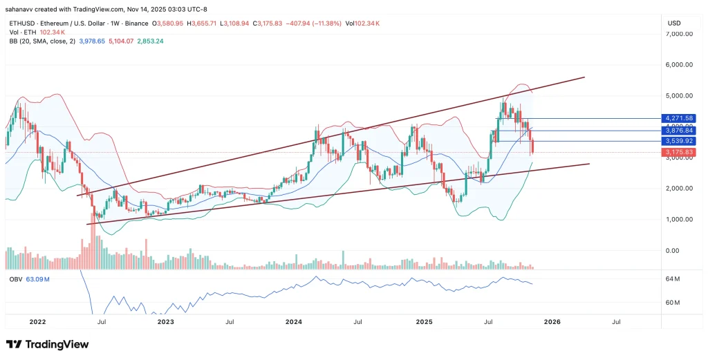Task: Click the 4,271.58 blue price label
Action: (x=678, y=119)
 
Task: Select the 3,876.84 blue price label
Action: (x=678, y=130)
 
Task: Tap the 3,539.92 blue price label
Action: (x=678, y=141)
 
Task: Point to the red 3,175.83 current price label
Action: (x=678, y=152)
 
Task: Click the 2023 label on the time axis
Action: (x=165, y=321)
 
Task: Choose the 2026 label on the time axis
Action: (x=552, y=321)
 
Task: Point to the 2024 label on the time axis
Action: (x=294, y=321)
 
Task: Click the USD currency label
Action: (x=674, y=23)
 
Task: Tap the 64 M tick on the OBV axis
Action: (x=672, y=279)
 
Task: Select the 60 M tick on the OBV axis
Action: (x=672, y=303)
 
